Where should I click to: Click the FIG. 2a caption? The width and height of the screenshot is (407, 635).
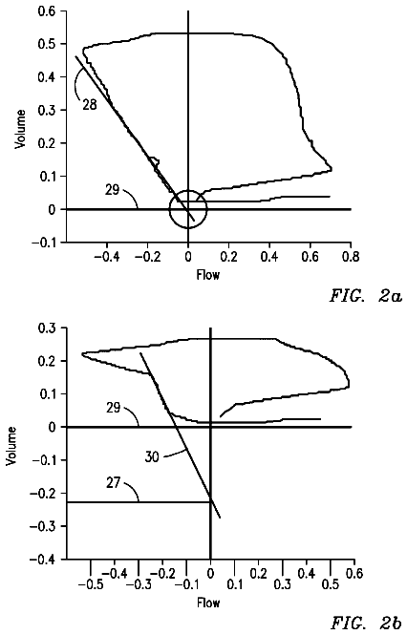point(366,296)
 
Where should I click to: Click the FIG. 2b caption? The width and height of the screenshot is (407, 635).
point(367,624)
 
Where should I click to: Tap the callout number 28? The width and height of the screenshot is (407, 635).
point(90,105)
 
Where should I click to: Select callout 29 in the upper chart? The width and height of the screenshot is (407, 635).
point(113,190)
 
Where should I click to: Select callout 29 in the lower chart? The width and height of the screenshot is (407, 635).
point(114,408)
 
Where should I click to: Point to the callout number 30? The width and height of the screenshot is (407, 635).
point(152,457)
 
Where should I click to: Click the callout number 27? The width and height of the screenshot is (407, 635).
point(114,483)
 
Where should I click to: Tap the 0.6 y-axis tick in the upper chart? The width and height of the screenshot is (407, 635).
point(47,11)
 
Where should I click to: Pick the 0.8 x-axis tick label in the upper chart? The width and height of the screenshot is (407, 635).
point(351,257)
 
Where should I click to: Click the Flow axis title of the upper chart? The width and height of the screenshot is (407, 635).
point(208,275)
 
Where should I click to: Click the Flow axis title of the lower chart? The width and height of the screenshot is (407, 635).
point(209,603)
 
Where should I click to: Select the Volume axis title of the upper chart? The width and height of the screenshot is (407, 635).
point(20,129)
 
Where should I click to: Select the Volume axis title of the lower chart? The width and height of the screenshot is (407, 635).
point(11,446)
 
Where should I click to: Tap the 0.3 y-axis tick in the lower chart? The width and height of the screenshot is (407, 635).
point(48,328)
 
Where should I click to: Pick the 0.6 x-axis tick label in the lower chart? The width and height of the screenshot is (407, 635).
point(354,574)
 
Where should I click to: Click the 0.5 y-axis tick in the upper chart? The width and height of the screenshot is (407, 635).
point(47,44)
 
